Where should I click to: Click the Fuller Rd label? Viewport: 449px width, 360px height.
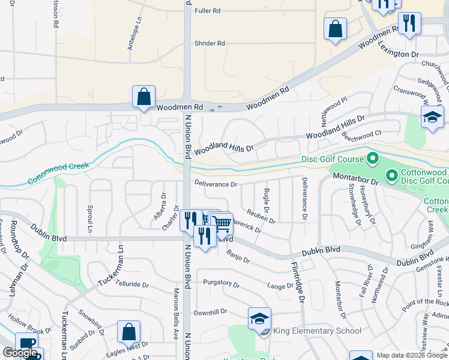207,11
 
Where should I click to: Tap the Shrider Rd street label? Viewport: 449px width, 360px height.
209,43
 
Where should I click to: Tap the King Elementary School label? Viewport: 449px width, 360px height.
317,331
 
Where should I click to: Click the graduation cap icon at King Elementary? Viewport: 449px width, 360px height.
259,318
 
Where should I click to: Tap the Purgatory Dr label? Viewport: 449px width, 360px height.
221,283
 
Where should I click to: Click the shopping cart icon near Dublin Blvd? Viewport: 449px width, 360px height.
222,224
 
